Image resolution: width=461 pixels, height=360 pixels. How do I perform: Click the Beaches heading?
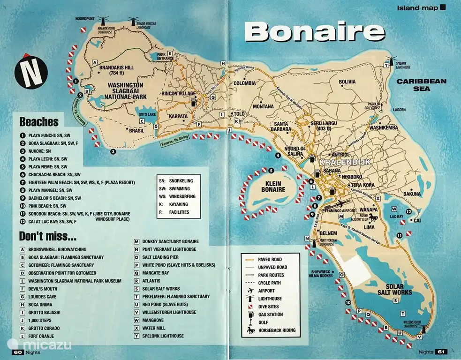coord(39,122)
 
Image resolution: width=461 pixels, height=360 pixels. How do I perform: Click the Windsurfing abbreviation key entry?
coord(181,196)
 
